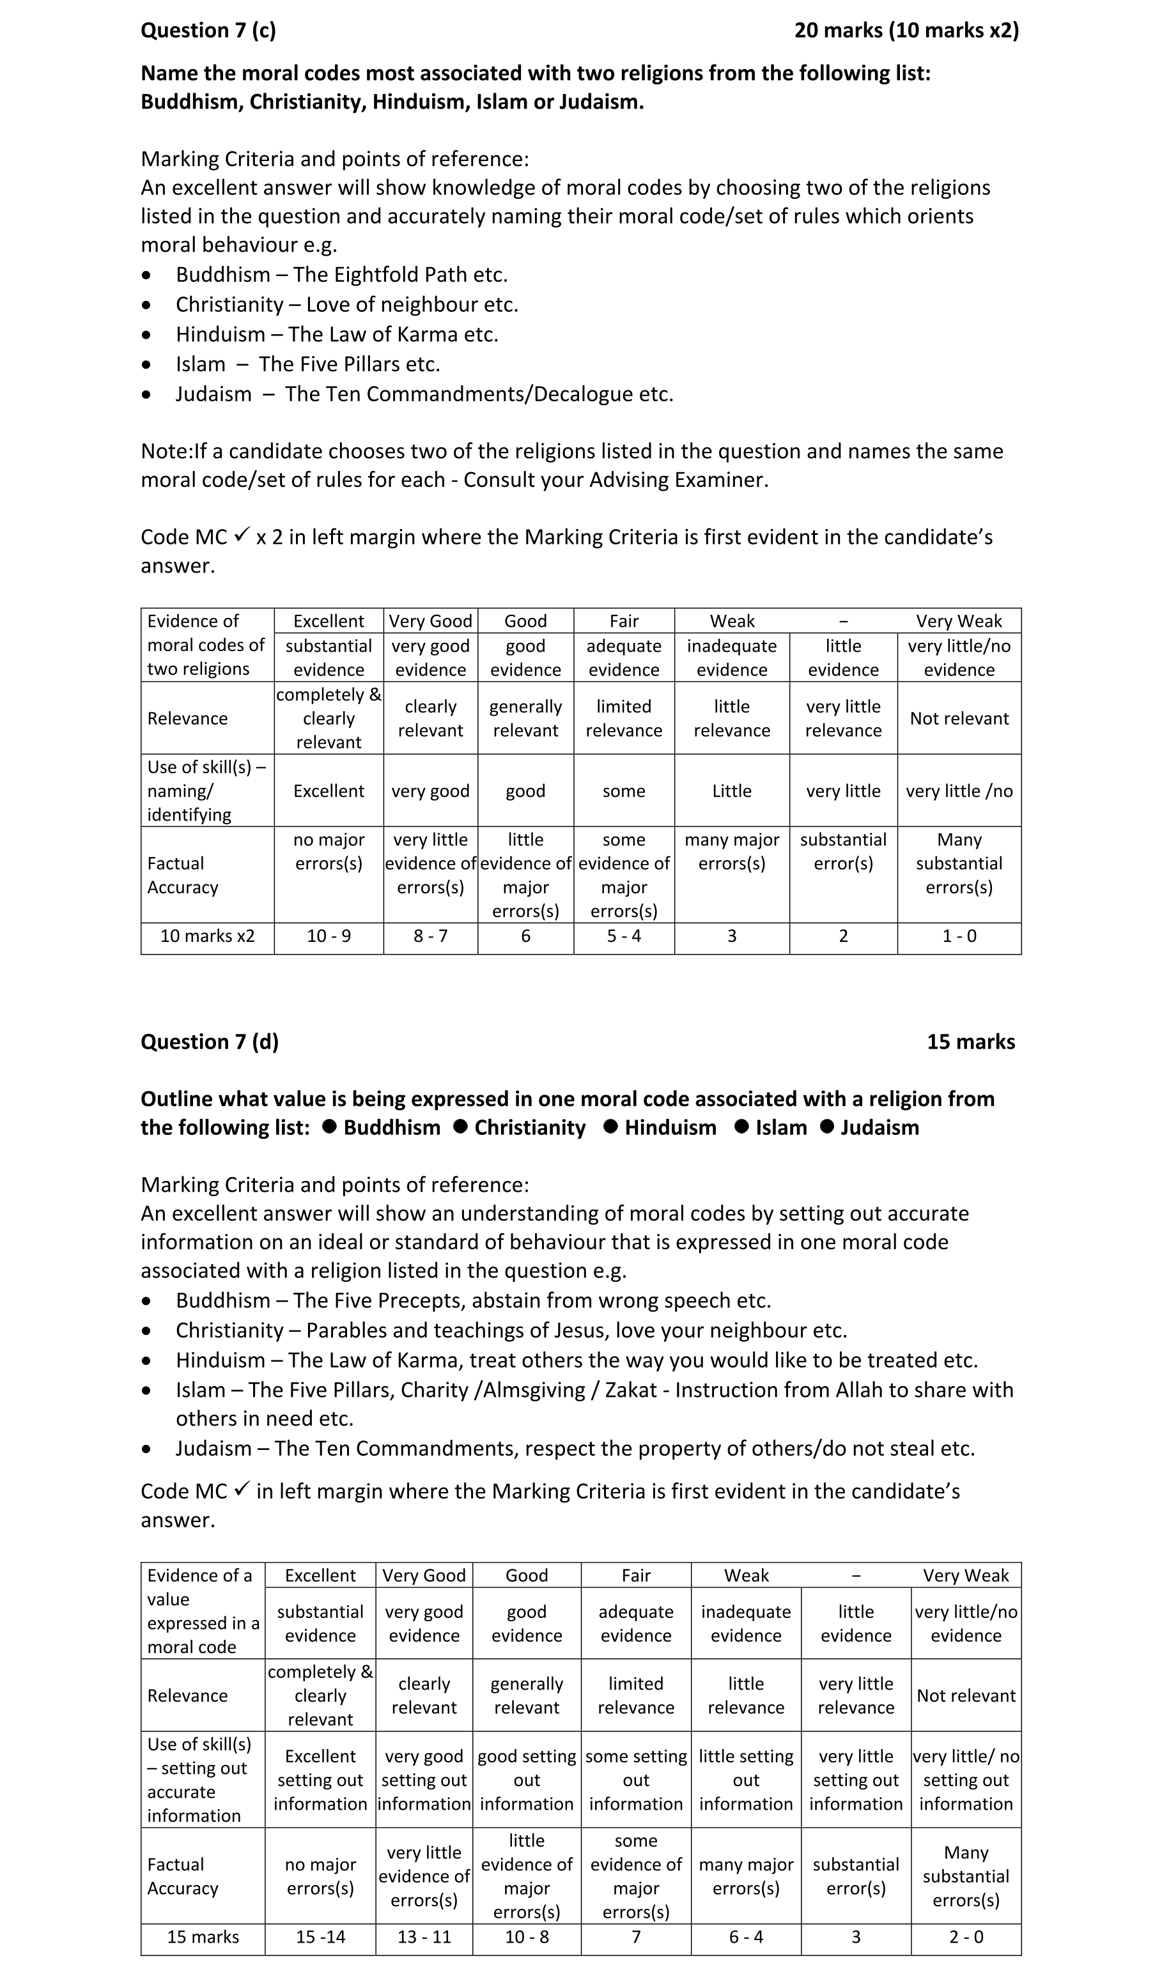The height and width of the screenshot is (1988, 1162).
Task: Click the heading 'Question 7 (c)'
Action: point(208,31)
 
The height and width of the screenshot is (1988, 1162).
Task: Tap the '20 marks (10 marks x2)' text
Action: point(906,31)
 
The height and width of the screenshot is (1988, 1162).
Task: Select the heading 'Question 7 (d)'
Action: point(210,1042)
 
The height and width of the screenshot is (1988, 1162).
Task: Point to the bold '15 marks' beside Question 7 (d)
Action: point(971,1042)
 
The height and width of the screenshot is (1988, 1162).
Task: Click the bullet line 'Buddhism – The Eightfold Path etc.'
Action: point(341,275)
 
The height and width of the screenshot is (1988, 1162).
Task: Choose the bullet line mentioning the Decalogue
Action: point(424,394)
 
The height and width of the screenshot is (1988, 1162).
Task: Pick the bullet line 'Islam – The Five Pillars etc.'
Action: point(307,364)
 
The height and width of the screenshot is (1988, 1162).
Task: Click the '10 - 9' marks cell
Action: point(329,936)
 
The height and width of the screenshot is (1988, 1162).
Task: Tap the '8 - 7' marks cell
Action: point(431,936)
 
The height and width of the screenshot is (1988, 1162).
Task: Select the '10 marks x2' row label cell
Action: point(208,936)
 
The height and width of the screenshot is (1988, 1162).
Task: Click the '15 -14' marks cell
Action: point(320,1937)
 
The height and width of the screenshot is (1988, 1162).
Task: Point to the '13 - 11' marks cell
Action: point(424,1937)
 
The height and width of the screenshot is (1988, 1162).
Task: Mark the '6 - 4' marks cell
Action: point(747,1937)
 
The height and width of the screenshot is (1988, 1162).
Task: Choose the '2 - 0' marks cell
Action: point(966,1937)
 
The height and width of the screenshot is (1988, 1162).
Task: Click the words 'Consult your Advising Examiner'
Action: point(616,480)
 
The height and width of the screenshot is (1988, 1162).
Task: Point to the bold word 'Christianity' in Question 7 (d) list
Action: point(530,1127)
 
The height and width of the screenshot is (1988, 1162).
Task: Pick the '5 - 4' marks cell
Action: point(624,936)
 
